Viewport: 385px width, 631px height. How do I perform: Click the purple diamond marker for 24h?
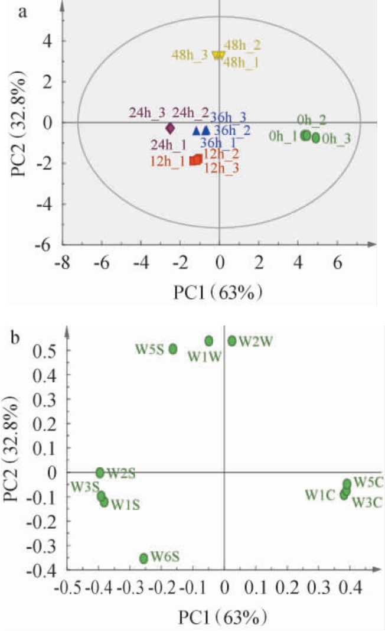(170, 128)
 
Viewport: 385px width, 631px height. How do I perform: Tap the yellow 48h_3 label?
(190, 55)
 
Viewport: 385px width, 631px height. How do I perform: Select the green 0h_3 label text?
(336, 139)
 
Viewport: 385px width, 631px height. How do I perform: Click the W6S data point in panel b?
(143, 558)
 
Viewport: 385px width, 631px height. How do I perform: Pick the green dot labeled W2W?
(232, 340)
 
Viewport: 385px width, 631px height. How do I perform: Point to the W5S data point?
(173, 349)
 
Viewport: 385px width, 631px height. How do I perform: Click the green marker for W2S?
(100, 472)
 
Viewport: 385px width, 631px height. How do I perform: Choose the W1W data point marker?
(209, 340)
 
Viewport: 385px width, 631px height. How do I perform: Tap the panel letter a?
(24, 12)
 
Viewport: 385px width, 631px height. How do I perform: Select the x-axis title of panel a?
(218, 292)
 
